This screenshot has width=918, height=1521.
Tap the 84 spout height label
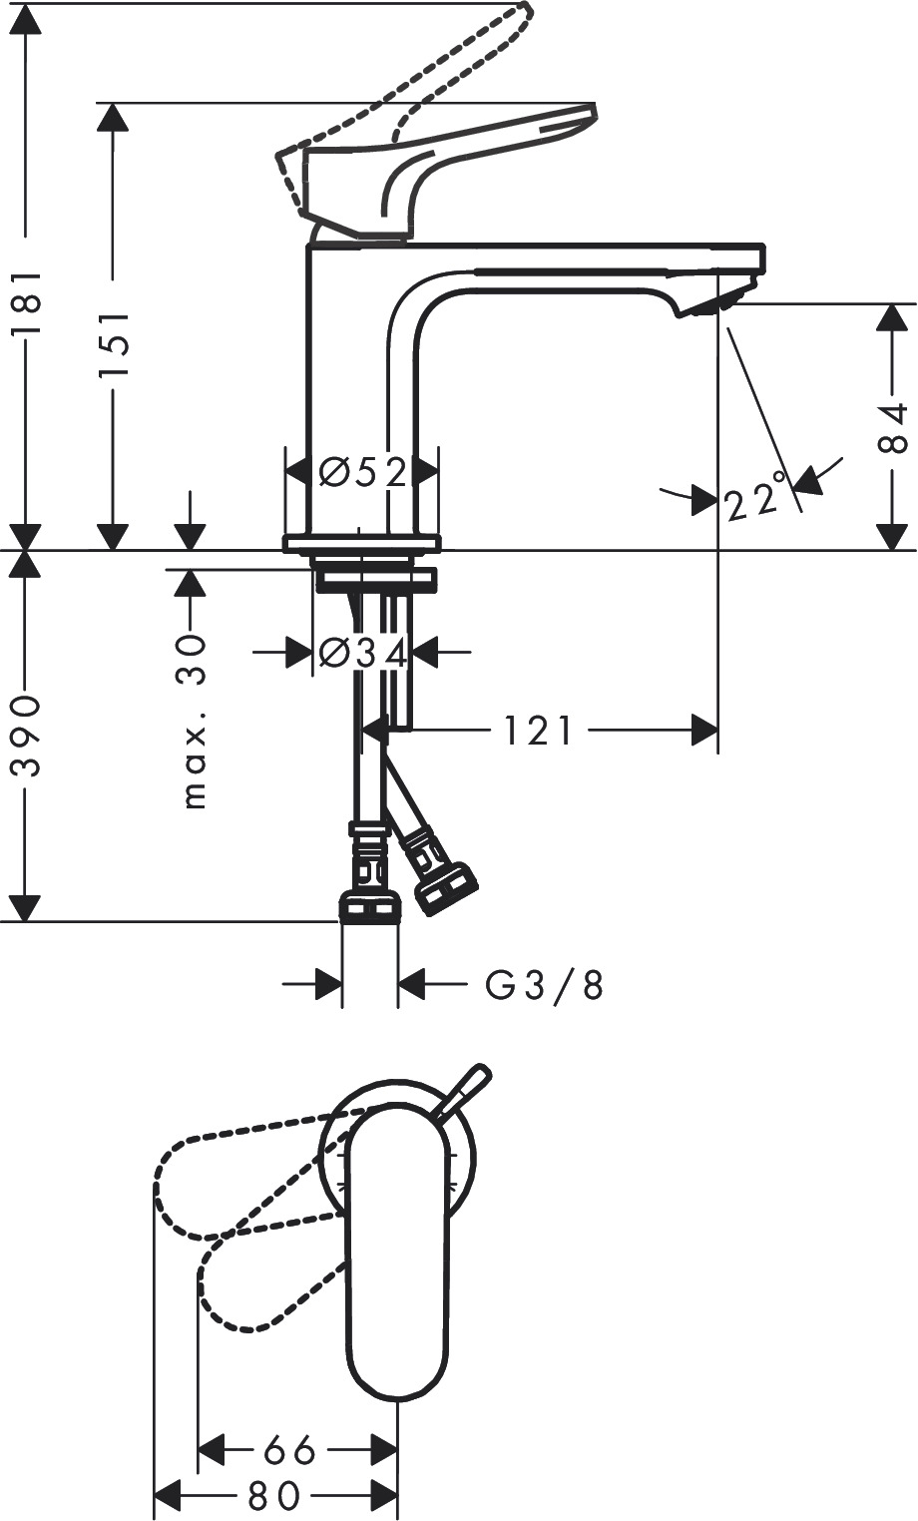click(891, 428)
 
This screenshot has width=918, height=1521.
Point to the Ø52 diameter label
click(362, 472)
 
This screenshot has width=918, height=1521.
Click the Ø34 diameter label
click(362, 654)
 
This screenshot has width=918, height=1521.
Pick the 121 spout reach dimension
click(539, 731)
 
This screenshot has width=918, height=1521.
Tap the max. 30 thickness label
click(194, 722)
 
